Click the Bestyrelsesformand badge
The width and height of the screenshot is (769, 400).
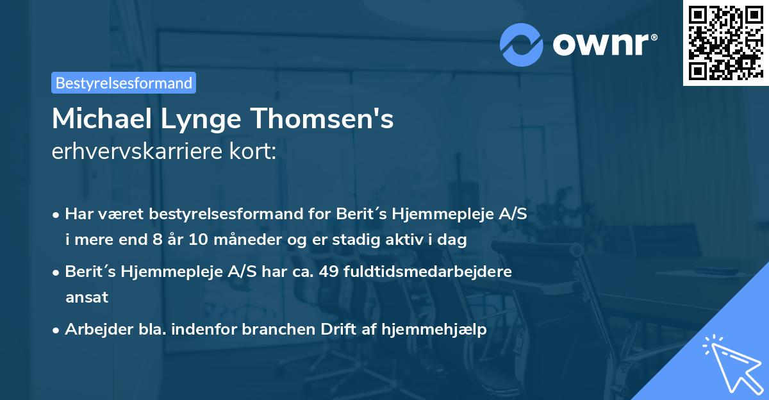tap(124, 83)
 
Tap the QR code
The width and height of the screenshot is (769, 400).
tap(725, 43)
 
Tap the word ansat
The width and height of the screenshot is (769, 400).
tap(87, 297)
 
